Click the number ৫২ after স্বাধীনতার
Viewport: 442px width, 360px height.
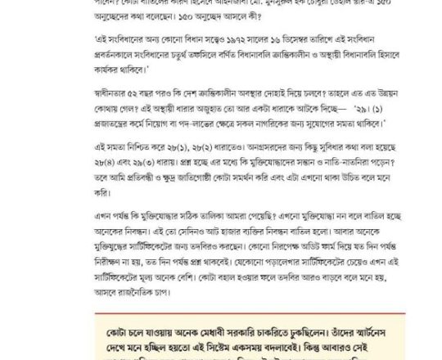coord(141,104)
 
